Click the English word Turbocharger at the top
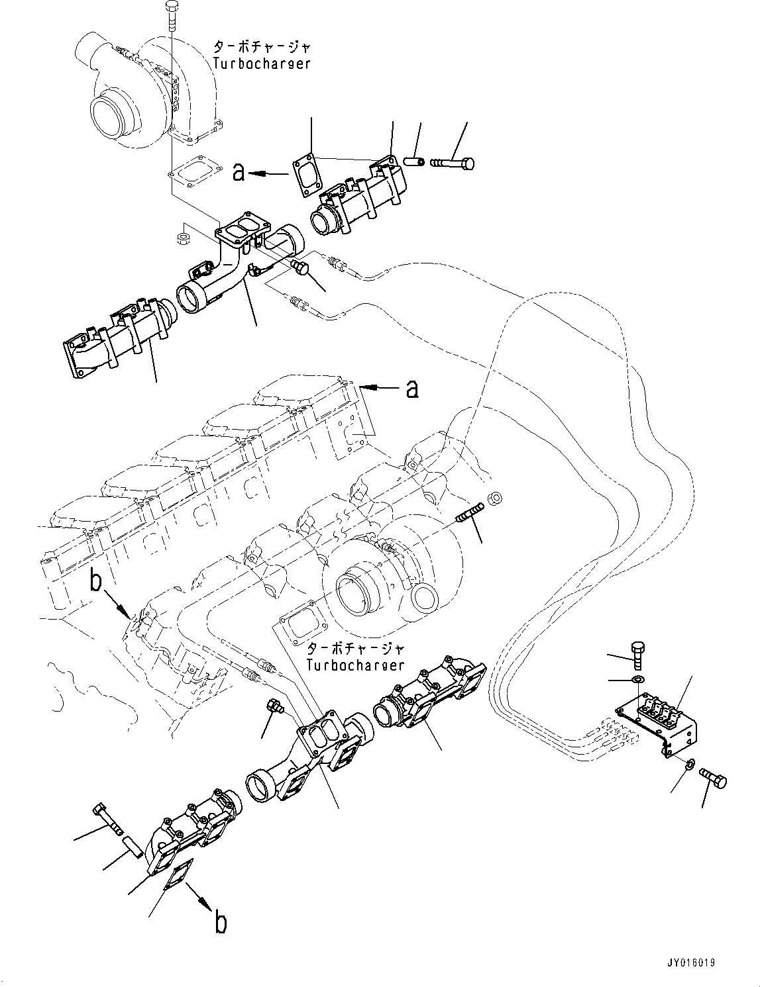pos(261,64)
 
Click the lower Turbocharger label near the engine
pos(355,664)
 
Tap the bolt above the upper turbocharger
pos(171,15)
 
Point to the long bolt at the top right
pos(453,162)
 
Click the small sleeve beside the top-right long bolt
pos(413,162)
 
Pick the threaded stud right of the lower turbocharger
pos(471,513)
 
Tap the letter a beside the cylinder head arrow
pos(412,389)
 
